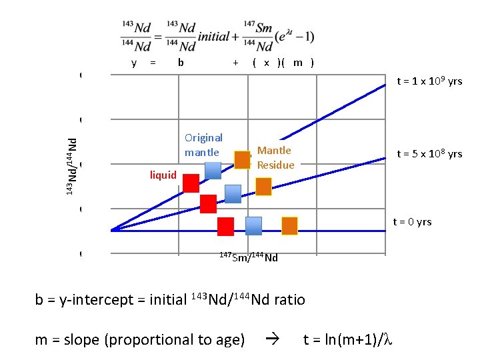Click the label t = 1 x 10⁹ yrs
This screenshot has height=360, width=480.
429,81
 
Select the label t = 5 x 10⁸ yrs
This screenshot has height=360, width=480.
429,154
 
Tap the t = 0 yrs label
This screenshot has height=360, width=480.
412,222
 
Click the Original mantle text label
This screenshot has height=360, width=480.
203,145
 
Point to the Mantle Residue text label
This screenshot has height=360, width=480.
275,158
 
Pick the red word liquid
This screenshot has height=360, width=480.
163,175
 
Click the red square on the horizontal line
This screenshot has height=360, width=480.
225,227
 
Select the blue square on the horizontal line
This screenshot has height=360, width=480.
253,227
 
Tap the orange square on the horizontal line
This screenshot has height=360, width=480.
289,226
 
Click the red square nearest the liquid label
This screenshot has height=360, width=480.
191,183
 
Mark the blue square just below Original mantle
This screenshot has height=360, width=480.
213,170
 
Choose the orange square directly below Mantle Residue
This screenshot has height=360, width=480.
264,187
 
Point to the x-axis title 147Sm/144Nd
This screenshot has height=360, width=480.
249,257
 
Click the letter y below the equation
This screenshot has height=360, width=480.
134,63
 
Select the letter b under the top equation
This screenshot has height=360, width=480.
181,63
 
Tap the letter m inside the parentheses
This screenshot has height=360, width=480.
297,63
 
